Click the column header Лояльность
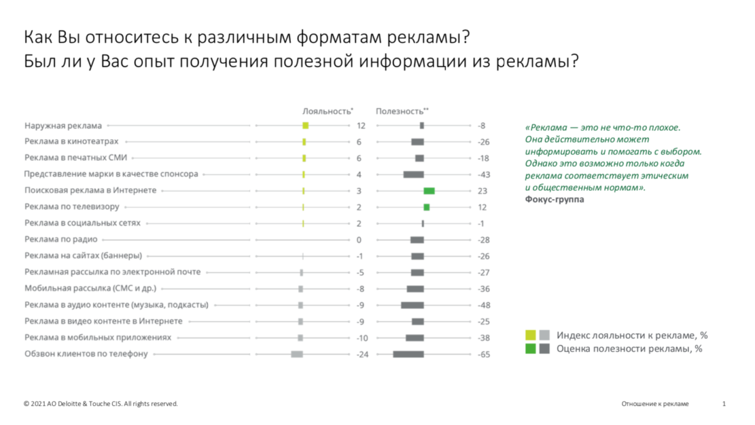click(327, 111)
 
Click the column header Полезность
click(401, 111)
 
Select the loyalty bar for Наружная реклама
click(306, 126)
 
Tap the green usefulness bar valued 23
click(429, 191)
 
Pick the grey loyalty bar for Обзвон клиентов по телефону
click(297, 354)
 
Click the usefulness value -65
click(483, 354)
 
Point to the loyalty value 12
click(361, 126)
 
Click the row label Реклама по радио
click(61, 240)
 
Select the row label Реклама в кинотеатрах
click(71, 142)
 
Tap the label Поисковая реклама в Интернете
click(91, 191)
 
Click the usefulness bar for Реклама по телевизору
click(426, 207)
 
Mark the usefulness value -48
click(483, 305)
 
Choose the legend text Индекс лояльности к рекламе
click(632, 335)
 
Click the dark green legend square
click(530, 349)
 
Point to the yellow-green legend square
click(530, 335)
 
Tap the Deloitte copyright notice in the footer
click(100, 404)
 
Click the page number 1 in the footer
click(724, 404)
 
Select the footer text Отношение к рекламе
click(654, 404)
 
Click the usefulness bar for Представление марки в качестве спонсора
click(413, 174)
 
